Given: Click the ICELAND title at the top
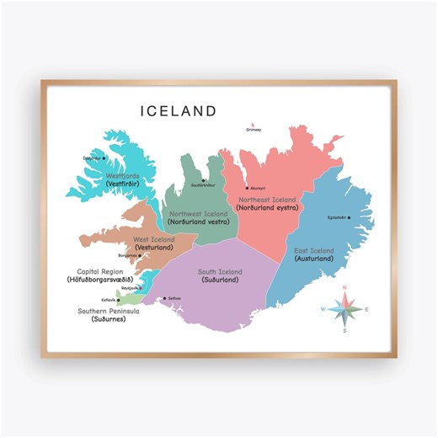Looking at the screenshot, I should pos(179,111).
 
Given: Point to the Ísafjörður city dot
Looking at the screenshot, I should pos(104,158).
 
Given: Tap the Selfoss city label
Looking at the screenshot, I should pos(174,299).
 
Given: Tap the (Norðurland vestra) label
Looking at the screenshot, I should pos(199,222).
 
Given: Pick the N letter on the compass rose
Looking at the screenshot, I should pos(345,290).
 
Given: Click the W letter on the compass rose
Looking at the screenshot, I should pos(323,309).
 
